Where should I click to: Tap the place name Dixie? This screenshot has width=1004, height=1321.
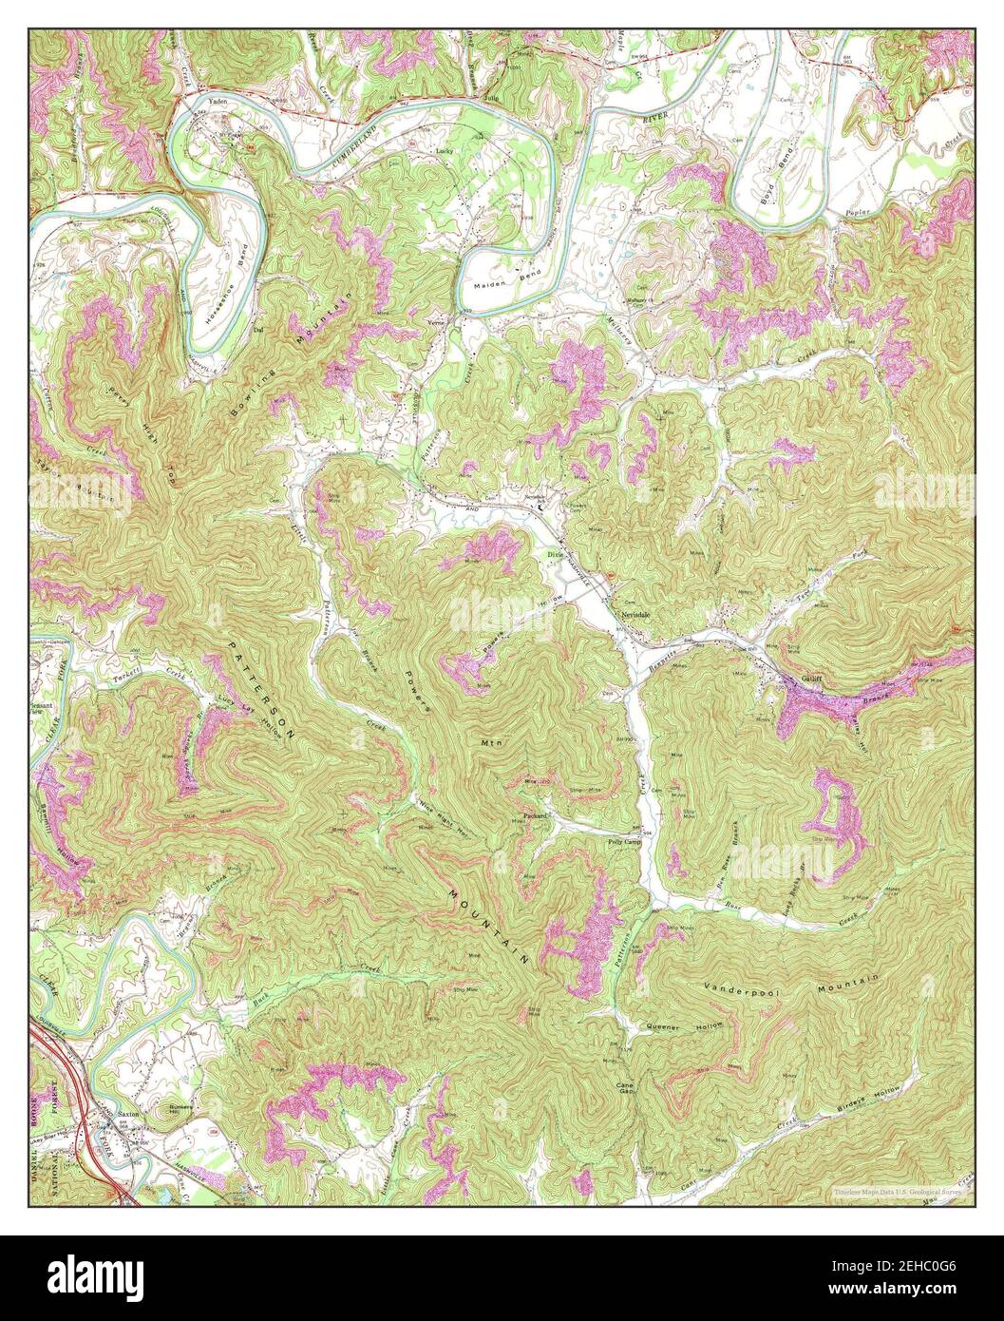coord(556,555)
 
